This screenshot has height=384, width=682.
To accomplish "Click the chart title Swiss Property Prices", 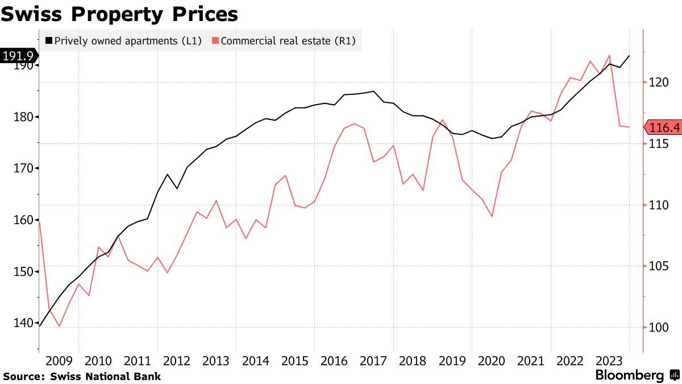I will click(119, 14).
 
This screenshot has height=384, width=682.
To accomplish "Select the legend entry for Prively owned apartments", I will click(123, 40).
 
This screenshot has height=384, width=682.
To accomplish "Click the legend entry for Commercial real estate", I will click(284, 40).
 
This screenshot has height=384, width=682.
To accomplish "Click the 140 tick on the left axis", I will click(23, 323).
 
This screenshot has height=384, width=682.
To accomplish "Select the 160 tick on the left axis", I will click(23, 220).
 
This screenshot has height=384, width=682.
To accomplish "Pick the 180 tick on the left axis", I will click(23, 117).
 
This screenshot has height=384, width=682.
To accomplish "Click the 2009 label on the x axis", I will click(59, 361).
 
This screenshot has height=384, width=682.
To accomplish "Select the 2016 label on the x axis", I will click(334, 361).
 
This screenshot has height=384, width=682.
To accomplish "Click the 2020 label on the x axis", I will click(492, 361).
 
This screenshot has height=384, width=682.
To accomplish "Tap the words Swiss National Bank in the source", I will click(106, 376).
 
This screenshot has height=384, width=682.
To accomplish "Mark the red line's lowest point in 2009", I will click(59, 327).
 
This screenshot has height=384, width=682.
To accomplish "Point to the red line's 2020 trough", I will click(492, 217).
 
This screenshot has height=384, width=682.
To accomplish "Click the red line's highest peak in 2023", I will click(610, 55).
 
